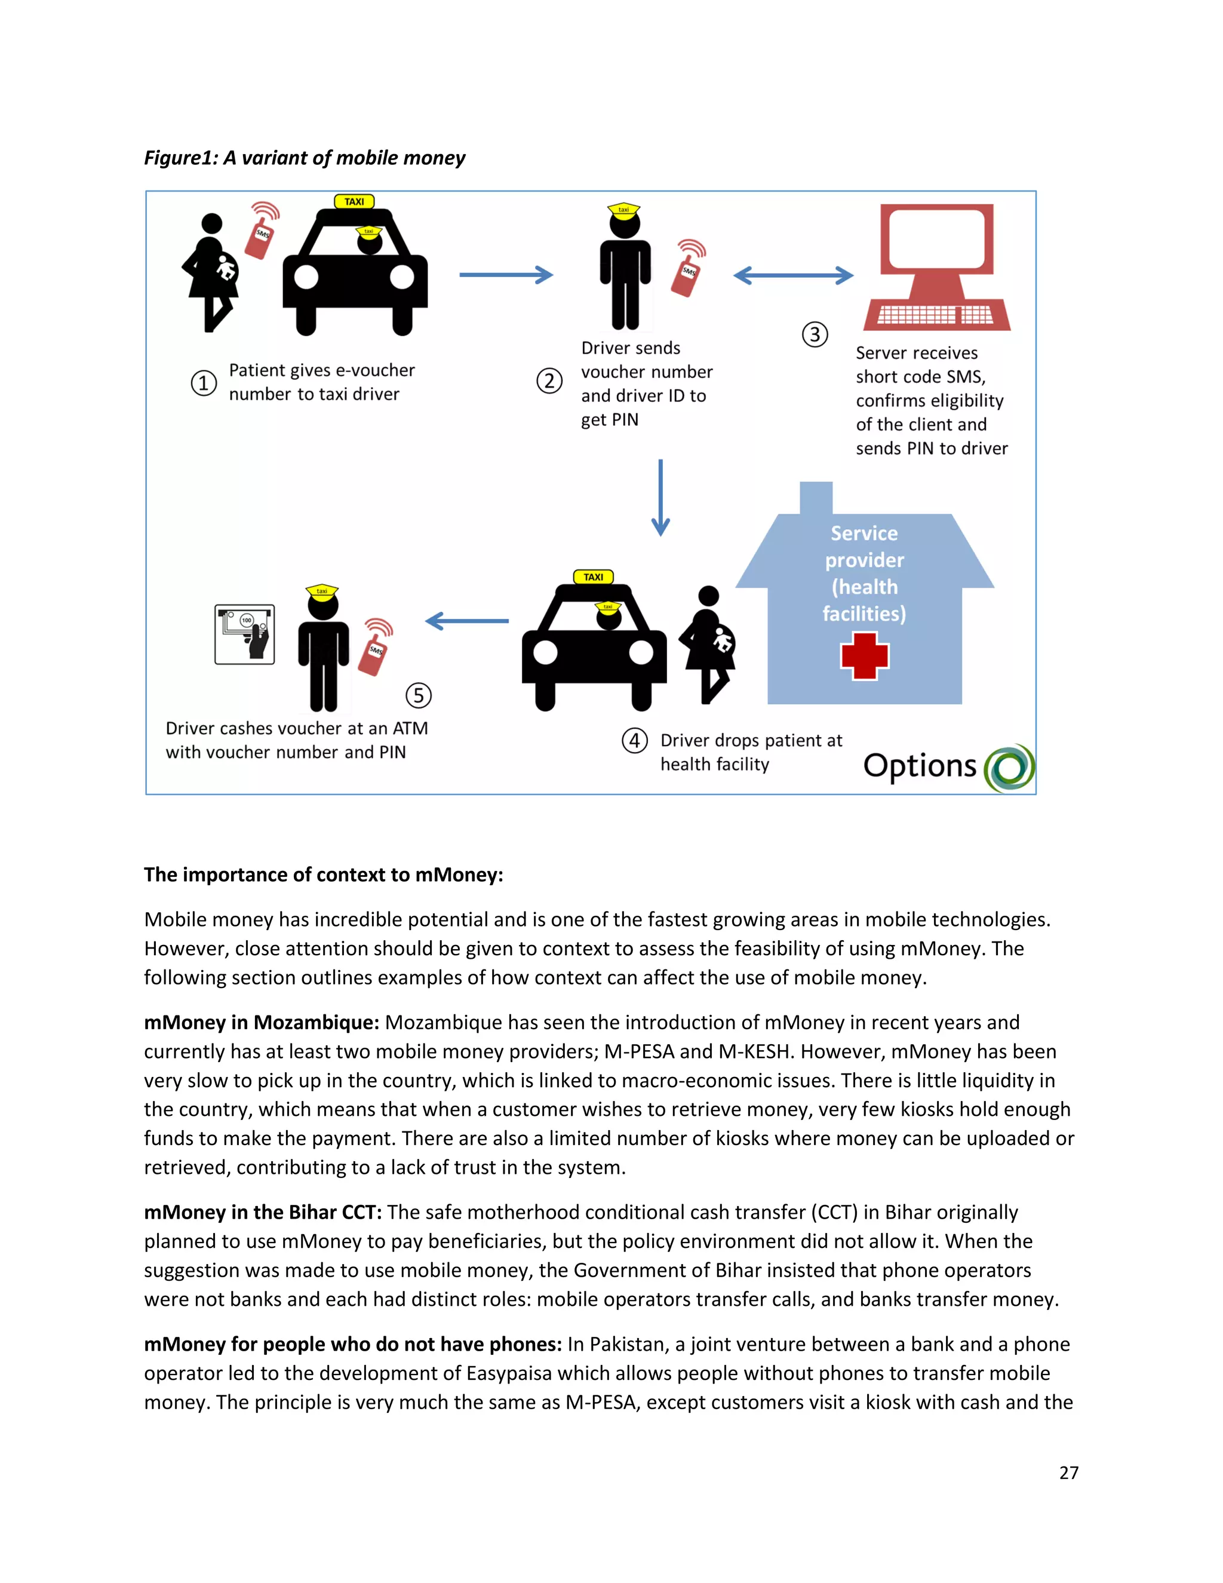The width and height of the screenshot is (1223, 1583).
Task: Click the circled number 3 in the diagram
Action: pos(815,335)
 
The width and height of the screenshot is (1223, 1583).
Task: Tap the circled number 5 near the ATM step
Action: pos(418,695)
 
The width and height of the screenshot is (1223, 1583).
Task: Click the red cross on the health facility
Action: pos(864,656)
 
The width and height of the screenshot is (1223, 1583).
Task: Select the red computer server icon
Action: pos(937,267)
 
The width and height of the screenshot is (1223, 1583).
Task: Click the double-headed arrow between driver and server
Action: pos(794,275)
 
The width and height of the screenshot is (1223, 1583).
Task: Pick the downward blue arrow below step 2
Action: pos(660,498)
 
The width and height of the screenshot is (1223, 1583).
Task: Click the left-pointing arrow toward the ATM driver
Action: pos(468,621)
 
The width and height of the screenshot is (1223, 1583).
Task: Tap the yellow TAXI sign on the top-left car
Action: pos(354,201)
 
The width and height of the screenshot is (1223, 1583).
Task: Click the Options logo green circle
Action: pos(1009,768)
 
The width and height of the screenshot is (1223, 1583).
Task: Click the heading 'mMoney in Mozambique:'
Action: pos(262,1023)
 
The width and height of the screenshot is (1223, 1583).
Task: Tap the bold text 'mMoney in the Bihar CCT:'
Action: pos(262,1213)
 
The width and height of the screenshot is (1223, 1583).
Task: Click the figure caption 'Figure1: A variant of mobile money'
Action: pos(305,158)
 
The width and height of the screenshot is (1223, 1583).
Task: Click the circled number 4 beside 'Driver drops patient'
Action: pos(635,740)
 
